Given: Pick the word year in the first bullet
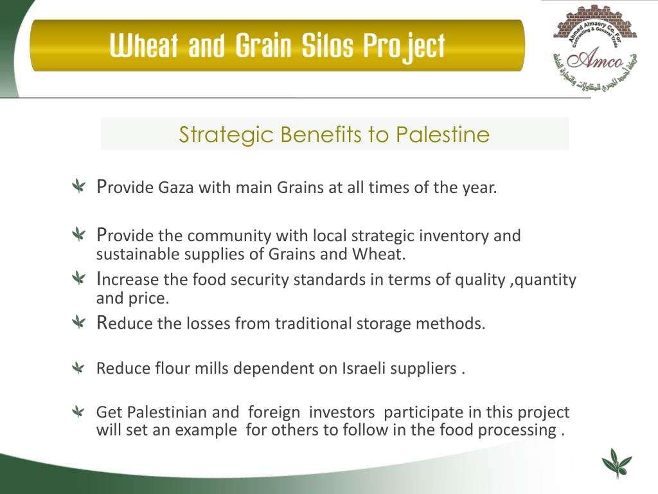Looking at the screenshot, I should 479,188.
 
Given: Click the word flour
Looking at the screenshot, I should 170,369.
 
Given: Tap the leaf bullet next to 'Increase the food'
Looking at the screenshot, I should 78,279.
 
